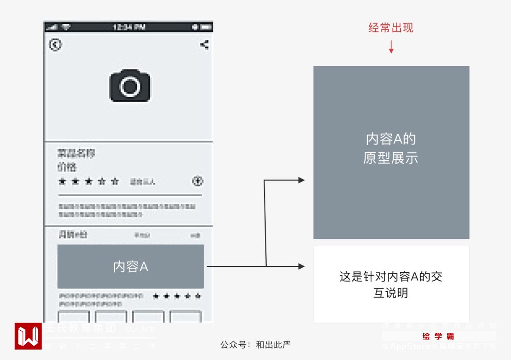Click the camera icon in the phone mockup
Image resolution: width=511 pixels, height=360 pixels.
[130, 85]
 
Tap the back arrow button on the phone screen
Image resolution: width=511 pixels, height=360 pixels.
[55, 45]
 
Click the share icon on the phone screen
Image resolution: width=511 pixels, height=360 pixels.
[204, 45]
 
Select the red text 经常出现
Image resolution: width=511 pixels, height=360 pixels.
[391, 28]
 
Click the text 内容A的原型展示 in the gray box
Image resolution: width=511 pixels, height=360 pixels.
[391, 148]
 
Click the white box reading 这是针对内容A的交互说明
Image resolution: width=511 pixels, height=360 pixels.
[391, 284]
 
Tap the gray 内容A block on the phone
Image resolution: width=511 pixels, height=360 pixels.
[130, 266]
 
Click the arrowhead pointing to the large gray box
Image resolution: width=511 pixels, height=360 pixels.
[301, 180]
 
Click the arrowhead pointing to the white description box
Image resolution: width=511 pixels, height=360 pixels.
[301, 266]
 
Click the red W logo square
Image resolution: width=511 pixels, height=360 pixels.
[28, 336]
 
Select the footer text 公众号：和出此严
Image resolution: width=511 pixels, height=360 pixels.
[255, 345]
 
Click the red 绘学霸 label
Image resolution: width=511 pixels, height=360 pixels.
[439, 337]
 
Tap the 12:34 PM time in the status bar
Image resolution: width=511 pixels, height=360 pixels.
[129, 27]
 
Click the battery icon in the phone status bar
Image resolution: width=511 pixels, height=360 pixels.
[206, 27]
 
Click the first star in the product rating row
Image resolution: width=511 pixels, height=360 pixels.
[62, 182]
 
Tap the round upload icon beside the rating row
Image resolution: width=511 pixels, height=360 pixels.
[198, 181]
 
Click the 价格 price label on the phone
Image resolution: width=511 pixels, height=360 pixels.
[67, 167]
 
